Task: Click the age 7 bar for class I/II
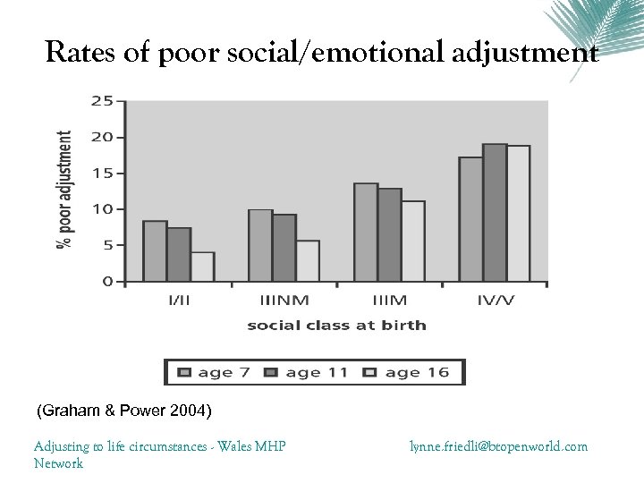tap(155, 251)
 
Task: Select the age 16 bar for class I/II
tap(202, 267)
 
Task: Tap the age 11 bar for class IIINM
tap(284, 248)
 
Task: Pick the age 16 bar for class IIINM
tap(308, 260)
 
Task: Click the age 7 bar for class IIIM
tap(366, 233)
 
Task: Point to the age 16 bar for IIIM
tap(413, 241)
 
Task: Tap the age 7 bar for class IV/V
tap(470, 219)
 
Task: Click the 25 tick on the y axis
tap(102, 101)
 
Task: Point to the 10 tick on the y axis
tap(102, 209)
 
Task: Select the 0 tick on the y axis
tap(107, 281)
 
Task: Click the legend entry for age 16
tap(410, 372)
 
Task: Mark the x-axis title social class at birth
tap(337, 325)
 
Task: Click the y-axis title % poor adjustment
tap(65, 191)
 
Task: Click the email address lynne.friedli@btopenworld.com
tap(499, 445)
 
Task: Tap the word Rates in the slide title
tap(80, 55)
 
